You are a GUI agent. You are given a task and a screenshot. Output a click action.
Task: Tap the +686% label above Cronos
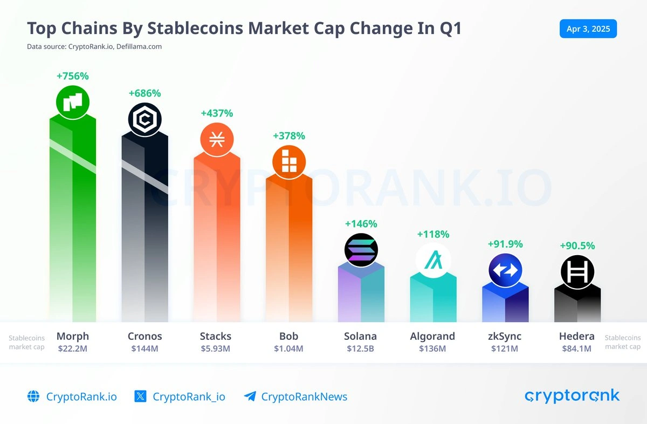pos(144,93)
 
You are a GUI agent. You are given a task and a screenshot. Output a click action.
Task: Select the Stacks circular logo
pos(217,139)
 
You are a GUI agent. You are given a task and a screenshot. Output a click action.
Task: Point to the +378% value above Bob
pos(289,136)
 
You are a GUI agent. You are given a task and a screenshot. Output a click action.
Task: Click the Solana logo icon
pos(361,250)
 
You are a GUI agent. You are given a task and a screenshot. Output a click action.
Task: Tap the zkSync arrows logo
pos(505,270)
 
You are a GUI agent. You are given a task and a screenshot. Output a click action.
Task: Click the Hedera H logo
pos(577,271)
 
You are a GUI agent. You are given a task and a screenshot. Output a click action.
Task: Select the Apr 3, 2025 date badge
pos(588,29)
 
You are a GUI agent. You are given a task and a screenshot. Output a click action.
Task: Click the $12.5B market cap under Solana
pos(360,348)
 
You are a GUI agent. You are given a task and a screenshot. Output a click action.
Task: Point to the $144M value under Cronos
pos(144,348)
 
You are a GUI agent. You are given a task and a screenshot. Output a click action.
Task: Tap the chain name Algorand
pos(432,336)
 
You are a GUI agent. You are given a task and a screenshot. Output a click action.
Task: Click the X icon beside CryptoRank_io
pos(140,396)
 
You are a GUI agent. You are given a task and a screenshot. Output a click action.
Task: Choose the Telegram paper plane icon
pos(250,396)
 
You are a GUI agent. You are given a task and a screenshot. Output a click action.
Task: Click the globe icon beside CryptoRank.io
pos(33,396)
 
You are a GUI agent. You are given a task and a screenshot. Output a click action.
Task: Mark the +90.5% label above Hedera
pos(577,246)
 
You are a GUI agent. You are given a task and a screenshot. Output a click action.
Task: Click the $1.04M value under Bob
pos(288,348)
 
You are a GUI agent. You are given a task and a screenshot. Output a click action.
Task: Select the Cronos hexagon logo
pos(144,119)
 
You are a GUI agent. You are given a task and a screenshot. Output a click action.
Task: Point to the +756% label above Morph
pos(72,76)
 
